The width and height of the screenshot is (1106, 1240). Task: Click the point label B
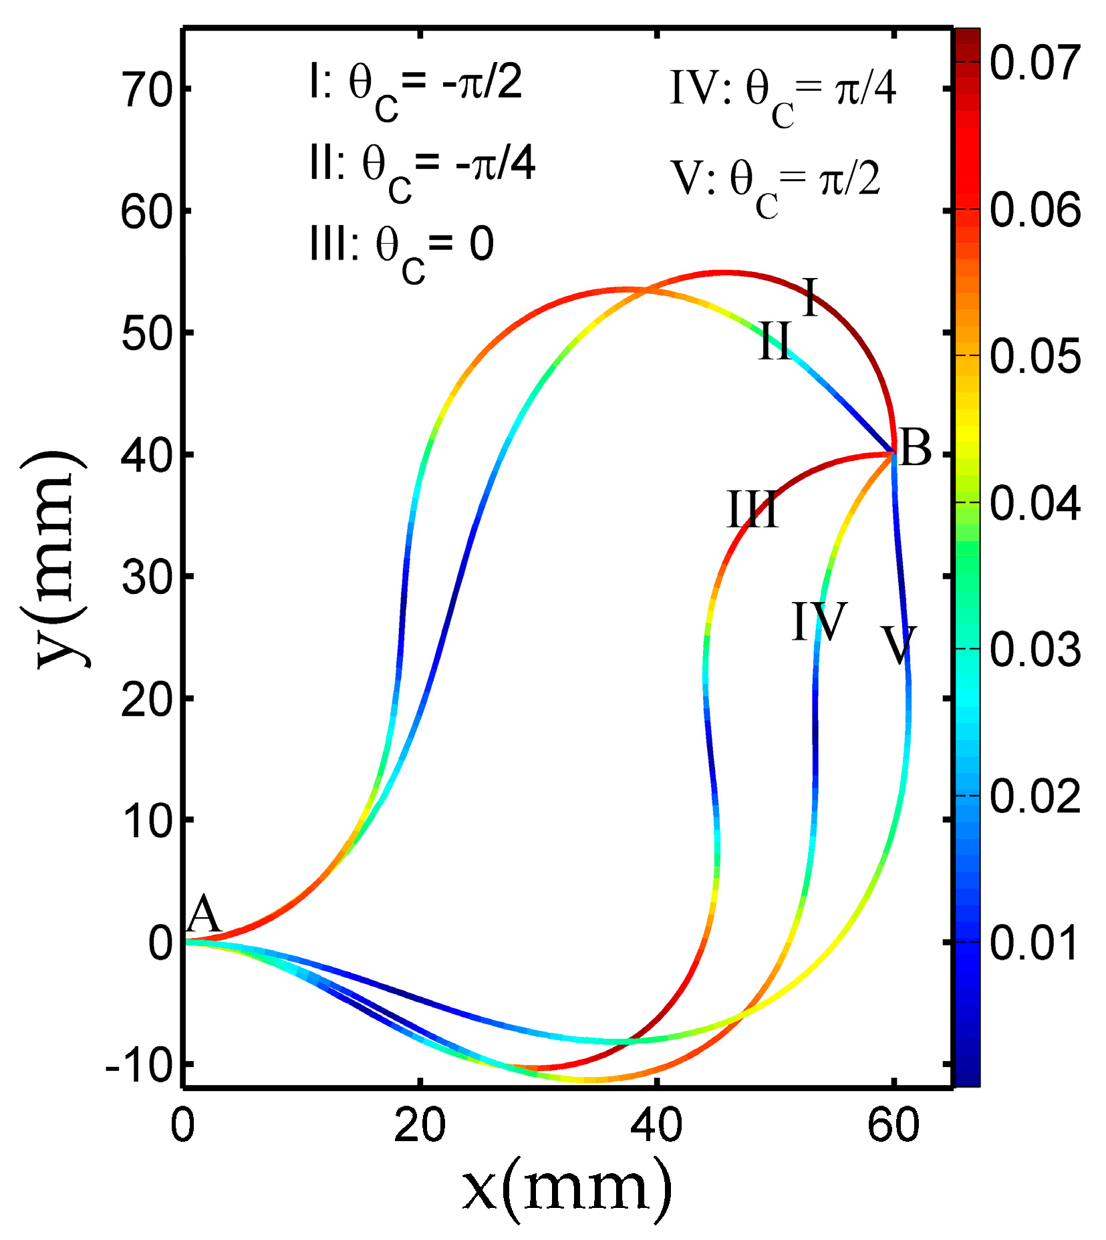click(x=915, y=448)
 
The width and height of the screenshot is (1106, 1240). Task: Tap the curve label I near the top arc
click(x=809, y=297)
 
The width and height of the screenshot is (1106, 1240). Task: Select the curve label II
click(x=775, y=341)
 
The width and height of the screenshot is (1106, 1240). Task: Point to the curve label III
click(x=752, y=510)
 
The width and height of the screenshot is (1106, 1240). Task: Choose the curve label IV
click(x=819, y=621)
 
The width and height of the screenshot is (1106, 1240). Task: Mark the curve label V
click(x=898, y=645)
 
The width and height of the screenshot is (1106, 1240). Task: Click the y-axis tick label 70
click(x=147, y=90)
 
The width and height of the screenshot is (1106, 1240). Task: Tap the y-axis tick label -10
click(x=140, y=1065)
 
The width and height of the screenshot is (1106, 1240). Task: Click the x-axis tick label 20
click(x=420, y=1125)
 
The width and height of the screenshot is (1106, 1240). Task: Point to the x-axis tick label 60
click(x=893, y=1125)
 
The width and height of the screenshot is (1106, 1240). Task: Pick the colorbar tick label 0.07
click(x=1034, y=63)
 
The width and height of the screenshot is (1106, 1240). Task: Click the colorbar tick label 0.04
click(x=1034, y=503)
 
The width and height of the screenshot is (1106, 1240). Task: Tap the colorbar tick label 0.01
click(x=1034, y=943)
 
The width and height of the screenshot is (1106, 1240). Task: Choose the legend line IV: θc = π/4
click(x=783, y=94)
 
